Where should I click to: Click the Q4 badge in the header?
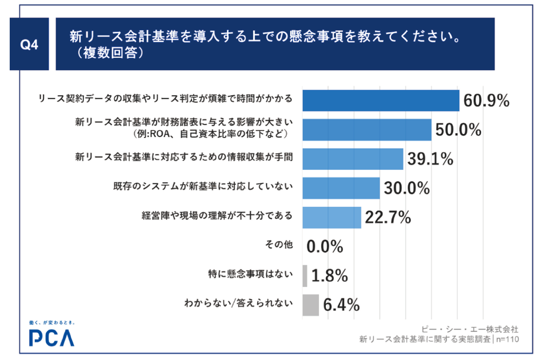point(29,45)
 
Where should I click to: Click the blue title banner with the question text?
point(275,44)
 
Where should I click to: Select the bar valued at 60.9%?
point(381,100)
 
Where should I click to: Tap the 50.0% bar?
point(367,130)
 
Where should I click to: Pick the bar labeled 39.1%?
point(353,159)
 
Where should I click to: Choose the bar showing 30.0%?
point(341,188)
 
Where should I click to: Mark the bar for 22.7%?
point(332,217)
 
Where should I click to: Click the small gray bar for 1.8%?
point(305,276)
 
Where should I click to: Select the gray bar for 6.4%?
point(310,305)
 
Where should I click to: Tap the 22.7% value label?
point(388,217)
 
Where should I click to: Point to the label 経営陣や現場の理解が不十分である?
point(217,216)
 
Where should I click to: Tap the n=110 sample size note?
point(508,339)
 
